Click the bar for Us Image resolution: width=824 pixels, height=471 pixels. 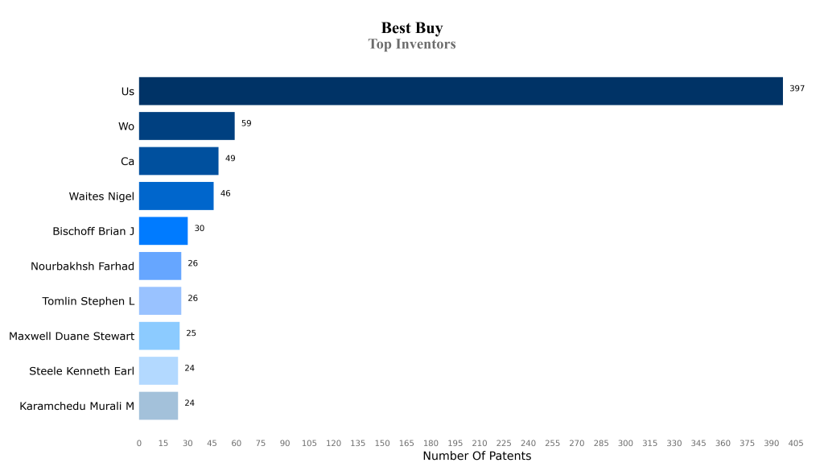pyautogui.click(x=460, y=91)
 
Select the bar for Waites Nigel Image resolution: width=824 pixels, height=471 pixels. pyautogui.click(x=176, y=196)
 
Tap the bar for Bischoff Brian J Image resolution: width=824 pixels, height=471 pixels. pyautogui.click(x=163, y=231)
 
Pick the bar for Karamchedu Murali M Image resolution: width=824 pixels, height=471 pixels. pyautogui.click(x=159, y=406)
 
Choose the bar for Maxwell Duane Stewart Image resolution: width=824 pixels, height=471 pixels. pyautogui.click(x=159, y=336)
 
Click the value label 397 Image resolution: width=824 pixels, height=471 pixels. pyautogui.click(x=797, y=89)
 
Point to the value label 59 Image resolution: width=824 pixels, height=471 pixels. pyautogui.click(x=246, y=123)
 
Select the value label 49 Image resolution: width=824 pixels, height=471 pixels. pyautogui.click(x=230, y=159)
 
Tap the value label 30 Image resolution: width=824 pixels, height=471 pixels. pyautogui.click(x=200, y=229)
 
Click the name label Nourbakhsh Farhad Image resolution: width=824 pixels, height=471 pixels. pyautogui.click(x=82, y=266)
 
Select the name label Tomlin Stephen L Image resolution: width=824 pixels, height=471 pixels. pyautogui.click(x=89, y=301)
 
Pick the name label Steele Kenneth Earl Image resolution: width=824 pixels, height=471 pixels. pyautogui.click(x=81, y=371)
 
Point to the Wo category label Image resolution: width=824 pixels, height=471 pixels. pyautogui.click(x=126, y=126)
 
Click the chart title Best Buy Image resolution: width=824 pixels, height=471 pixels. pyautogui.click(x=412, y=29)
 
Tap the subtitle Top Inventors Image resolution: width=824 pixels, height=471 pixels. pyautogui.click(x=412, y=44)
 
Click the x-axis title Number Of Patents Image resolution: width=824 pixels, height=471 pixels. pyautogui.click(x=476, y=457)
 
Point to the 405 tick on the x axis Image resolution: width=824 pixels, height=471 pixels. pyautogui.click(x=796, y=444)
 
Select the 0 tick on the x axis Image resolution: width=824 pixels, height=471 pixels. pyautogui.click(x=139, y=444)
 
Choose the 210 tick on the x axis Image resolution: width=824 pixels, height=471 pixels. pyautogui.click(x=480, y=444)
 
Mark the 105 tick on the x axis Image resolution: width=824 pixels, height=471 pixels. pyautogui.click(x=310, y=444)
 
